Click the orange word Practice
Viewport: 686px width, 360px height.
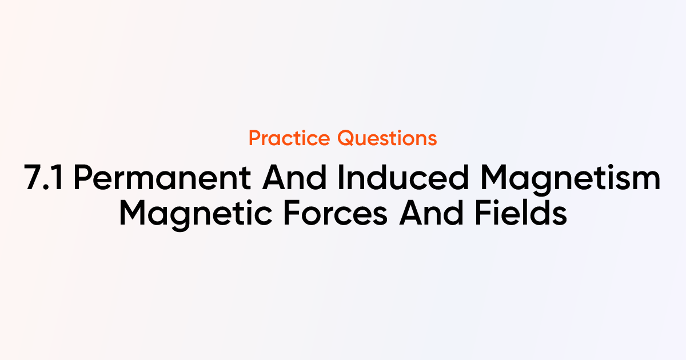coord(289,138)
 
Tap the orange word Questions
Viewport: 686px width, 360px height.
coord(387,138)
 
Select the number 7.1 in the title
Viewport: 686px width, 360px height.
coord(44,178)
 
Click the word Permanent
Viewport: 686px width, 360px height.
coord(162,178)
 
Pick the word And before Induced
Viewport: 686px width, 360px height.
coord(294,178)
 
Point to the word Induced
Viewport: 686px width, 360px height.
coord(404,178)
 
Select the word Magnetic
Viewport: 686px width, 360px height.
coord(196,214)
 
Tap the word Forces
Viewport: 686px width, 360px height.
coord(336,213)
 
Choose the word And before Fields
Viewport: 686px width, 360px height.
coord(431,213)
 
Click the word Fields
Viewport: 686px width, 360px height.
coord(521,213)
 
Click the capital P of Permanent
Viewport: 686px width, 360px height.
coord(83,178)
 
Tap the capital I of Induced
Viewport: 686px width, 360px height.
coord(341,178)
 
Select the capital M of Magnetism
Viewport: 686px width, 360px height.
coord(494,178)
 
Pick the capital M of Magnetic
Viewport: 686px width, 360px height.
coord(133,213)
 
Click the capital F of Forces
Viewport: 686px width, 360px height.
coord(292,213)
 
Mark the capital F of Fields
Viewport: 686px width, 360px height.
coord(483,213)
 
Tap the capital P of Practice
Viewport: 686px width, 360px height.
coord(255,138)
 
